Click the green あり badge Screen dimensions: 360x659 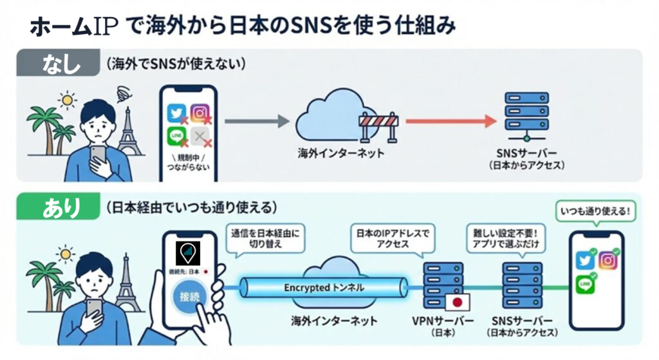(x=57, y=207)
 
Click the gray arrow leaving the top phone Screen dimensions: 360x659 (x=256, y=120)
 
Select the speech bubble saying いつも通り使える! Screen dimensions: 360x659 (x=594, y=211)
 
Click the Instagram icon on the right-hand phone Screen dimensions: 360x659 (x=608, y=260)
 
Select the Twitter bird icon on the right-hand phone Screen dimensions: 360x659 (x=584, y=261)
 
